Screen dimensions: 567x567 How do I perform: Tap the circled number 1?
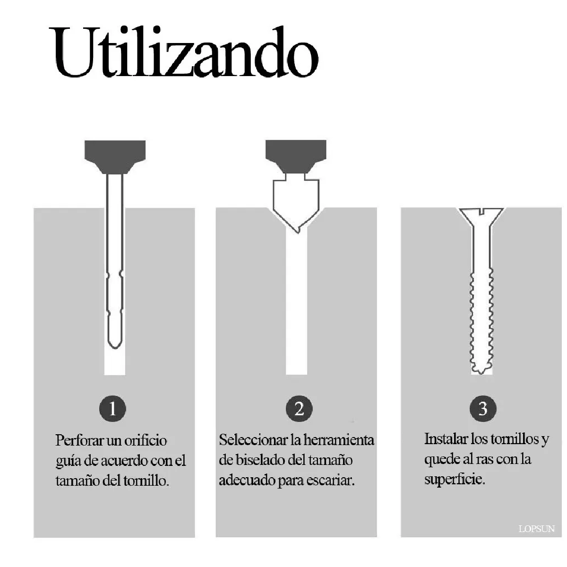[112, 408]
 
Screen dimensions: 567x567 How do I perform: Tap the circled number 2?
[299, 408]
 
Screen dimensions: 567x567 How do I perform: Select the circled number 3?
[482, 408]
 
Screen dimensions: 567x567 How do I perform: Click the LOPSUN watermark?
[536, 529]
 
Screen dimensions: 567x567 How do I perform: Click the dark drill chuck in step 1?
[115, 156]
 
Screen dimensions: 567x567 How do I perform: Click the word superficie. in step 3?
[455, 480]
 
